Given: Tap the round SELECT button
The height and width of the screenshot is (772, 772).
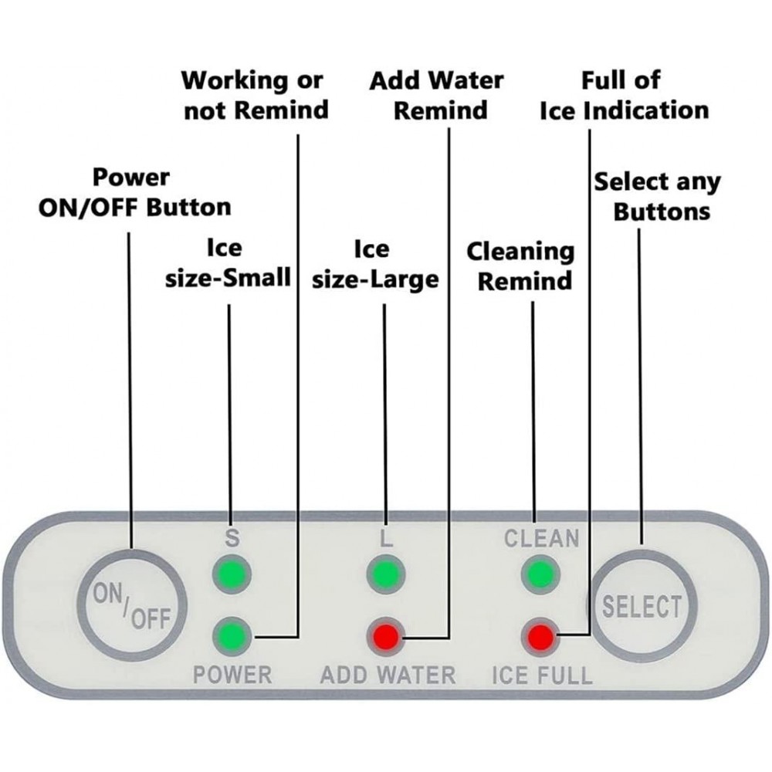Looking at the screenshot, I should coord(642,606).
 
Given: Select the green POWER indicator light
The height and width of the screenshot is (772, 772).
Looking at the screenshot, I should coord(232,637).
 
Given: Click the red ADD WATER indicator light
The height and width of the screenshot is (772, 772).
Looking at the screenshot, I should coord(386,637).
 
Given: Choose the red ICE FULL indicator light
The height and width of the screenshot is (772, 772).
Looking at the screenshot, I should coord(540,637).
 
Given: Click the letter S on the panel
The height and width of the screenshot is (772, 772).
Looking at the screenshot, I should coord(232,539).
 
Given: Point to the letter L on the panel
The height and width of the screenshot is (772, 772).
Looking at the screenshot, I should coord(386,539).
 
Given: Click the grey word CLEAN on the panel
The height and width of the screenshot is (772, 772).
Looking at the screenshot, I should coord(541,538).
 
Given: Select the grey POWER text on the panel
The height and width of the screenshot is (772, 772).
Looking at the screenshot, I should coord(232,675).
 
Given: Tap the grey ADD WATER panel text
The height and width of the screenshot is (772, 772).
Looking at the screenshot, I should coord(388,675).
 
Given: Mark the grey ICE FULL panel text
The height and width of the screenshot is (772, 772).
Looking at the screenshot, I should coord(542,675).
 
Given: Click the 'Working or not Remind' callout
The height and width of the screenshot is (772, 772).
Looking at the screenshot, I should coord(255,95).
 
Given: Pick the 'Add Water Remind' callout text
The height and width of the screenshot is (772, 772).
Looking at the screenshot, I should coord(438,95).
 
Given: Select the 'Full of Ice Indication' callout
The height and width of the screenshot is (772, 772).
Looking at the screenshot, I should coord(623,95).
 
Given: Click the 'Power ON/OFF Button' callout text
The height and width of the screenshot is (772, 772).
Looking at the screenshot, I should coord(134,191).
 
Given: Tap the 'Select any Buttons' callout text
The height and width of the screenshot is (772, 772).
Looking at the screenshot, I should coord(657,196).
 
